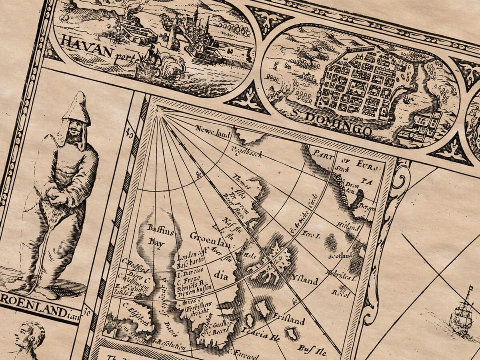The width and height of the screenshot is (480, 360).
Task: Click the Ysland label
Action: tap(305, 278)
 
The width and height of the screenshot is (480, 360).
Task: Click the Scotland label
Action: tap(340, 255)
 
